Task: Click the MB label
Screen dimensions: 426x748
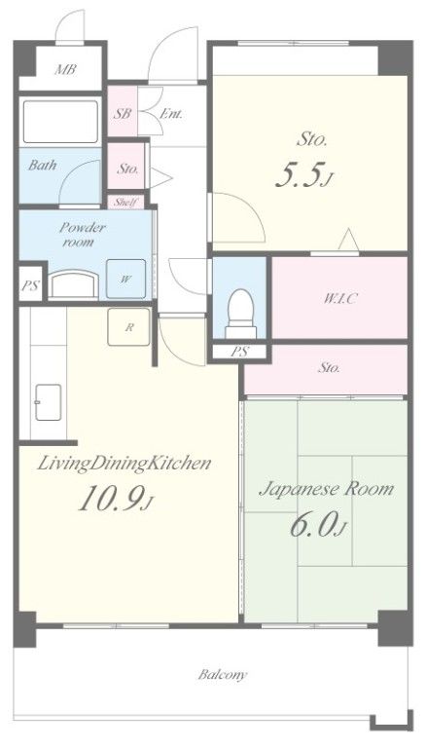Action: tap(65, 69)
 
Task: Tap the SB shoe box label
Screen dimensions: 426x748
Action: tap(123, 114)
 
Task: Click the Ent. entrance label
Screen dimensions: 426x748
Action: tap(171, 114)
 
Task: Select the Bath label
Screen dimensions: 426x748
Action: tap(43, 165)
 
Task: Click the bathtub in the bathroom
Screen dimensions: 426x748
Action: tap(60, 122)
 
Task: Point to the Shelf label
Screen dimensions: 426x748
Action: tap(125, 203)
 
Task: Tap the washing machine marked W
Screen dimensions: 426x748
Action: tap(125, 280)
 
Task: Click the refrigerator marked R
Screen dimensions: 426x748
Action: tap(128, 327)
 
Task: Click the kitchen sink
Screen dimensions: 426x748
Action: tap(48, 402)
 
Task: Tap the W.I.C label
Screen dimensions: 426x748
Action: tap(340, 299)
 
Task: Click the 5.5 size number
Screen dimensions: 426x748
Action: tap(303, 176)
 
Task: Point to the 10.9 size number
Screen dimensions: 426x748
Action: tap(116, 501)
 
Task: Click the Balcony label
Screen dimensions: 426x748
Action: tap(223, 675)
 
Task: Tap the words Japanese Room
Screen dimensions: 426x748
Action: tap(327, 490)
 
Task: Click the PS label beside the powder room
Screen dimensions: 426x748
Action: tap(29, 286)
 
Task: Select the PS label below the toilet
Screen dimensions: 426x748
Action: tap(239, 352)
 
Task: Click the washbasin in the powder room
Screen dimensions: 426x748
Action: tap(74, 284)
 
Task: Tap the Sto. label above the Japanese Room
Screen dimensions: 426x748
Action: tap(330, 368)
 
